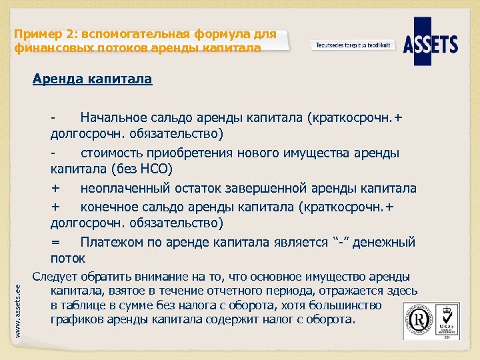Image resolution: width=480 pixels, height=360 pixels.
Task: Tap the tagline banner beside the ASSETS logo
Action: point(353,45)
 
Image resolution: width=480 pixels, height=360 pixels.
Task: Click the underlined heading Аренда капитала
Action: point(92,79)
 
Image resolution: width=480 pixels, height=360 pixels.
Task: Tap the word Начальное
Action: point(113,118)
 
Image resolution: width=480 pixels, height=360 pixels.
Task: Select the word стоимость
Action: point(111,153)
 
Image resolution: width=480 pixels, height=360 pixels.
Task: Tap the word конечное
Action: point(108,207)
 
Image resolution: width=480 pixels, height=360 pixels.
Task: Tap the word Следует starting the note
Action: point(55,277)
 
